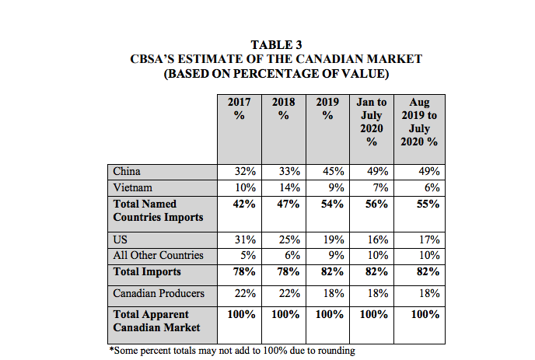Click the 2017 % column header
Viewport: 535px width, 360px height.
(x=239, y=109)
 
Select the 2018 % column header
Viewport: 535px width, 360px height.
(x=283, y=109)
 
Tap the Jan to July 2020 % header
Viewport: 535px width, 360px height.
(x=371, y=122)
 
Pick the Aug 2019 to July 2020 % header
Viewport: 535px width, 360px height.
(x=418, y=122)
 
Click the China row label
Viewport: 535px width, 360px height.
(x=127, y=171)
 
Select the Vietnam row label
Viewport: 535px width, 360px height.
(x=132, y=187)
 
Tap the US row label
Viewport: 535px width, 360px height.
(x=121, y=240)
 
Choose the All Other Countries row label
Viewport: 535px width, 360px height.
(x=158, y=255)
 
